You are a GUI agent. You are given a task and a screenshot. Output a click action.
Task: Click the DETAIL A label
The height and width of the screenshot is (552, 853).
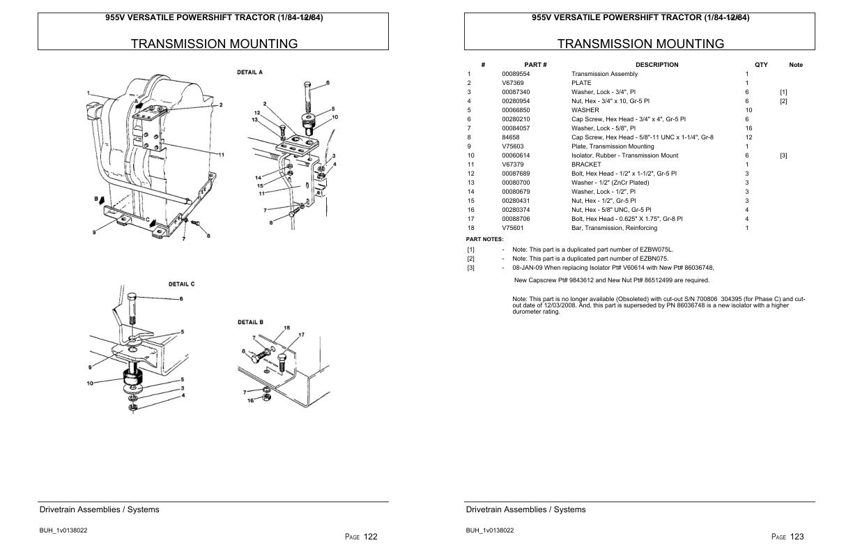(250, 72)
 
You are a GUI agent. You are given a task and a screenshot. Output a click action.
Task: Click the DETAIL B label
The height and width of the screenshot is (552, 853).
(250, 322)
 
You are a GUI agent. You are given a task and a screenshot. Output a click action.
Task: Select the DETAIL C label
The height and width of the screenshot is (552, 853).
(182, 284)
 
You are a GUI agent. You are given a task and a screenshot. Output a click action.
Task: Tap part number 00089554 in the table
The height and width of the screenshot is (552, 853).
(515, 74)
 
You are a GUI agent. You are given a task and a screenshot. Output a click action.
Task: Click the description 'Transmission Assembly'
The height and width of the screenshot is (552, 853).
(604, 74)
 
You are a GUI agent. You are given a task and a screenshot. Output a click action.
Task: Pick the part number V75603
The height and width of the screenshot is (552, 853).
(512, 146)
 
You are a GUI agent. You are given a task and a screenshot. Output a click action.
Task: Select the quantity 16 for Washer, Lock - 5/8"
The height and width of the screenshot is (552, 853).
(748, 128)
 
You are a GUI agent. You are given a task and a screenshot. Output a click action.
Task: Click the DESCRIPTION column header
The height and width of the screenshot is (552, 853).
(656, 65)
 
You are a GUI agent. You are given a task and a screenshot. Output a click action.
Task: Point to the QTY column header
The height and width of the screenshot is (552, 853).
(761, 65)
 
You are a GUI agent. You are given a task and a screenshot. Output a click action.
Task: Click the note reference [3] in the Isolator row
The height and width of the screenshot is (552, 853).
(783, 155)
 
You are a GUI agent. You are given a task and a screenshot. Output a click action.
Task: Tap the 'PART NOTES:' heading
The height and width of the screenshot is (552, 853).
(484, 239)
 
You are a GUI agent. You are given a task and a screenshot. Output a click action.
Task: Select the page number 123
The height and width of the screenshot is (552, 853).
(797, 537)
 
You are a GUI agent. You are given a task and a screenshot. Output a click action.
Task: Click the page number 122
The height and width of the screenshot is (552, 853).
(370, 537)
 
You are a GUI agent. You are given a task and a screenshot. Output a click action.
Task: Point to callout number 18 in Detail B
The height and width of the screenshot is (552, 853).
(286, 328)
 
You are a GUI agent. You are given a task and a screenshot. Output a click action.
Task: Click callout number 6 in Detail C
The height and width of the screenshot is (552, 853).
(181, 299)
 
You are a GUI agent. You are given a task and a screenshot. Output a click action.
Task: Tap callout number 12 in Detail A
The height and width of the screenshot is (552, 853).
(256, 113)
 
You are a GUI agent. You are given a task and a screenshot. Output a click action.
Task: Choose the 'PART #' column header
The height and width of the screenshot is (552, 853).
(535, 65)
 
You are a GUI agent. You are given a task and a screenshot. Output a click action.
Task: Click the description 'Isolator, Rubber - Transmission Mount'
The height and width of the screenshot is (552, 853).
(624, 155)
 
